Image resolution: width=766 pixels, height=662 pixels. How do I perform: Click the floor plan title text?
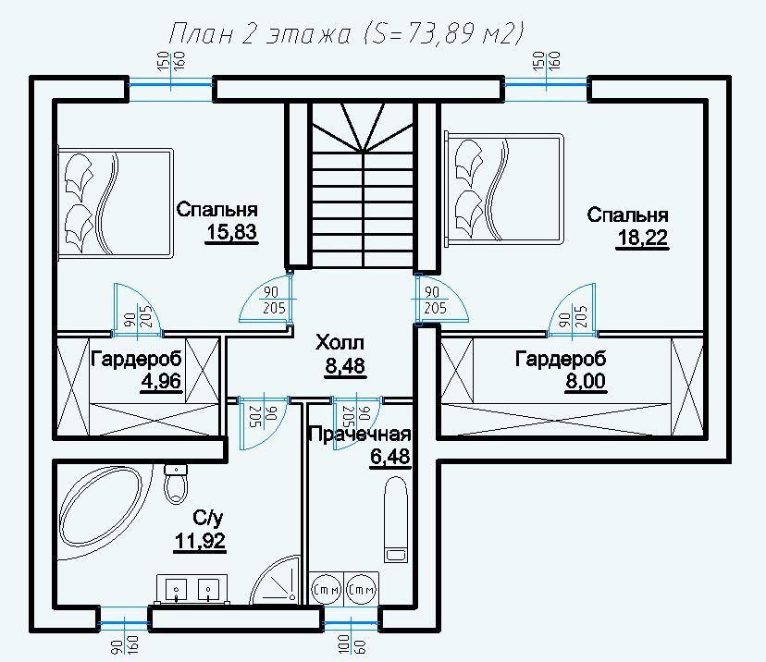click(x=346, y=34)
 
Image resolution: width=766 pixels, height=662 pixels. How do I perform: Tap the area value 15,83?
click(x=231, y=232)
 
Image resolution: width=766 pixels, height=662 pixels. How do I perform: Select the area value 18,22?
click(x=642, y=239)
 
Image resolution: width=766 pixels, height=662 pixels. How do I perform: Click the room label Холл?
click(x=340, y=343)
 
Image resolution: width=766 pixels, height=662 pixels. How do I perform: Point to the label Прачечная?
click(x=360, y=434)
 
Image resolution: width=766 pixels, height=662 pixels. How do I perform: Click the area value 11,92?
click(x=200, y=541)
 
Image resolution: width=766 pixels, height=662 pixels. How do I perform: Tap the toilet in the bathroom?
click(x=176, y=484)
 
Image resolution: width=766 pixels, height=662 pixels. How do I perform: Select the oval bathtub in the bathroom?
click(x=100, y=508)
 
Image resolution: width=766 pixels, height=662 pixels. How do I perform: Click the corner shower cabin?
click(x=275, y=581)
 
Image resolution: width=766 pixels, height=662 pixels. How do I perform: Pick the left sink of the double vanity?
click(x=176, y=590)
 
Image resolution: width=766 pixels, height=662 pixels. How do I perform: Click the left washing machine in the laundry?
click(x=327, y=589)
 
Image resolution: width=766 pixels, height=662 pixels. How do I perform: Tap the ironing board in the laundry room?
click(x=396, y=520)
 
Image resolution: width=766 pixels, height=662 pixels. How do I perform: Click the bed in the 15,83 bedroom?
click(x=116, y=202)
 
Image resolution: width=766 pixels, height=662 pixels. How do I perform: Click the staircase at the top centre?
click(x=363, y=185)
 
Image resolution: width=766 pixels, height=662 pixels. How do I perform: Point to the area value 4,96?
click(x=161, y=380)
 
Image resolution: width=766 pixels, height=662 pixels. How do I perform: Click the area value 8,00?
click(x=586, y=381)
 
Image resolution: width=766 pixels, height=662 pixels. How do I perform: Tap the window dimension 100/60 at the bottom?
click(x=352, y=644)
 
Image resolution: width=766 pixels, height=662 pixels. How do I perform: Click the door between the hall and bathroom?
click(x=264, y=423)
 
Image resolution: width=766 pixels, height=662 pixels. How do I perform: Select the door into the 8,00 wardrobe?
click(x=572, y=311)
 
